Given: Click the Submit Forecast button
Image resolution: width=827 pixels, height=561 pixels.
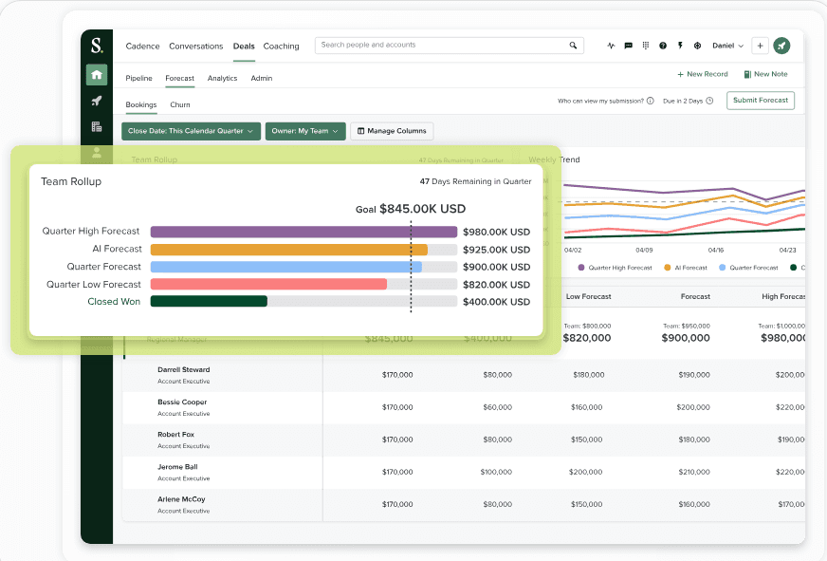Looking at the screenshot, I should [761, 101].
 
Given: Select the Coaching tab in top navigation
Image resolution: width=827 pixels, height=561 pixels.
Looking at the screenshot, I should [281, 46].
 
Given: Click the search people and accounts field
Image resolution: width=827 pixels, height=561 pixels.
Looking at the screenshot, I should [441, 45].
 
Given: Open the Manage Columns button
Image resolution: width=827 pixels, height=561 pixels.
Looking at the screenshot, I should [392, 131].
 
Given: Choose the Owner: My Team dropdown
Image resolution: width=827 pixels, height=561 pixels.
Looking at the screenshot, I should [305, 131].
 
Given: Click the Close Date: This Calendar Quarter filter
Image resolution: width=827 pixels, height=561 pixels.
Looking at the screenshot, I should [191, 131].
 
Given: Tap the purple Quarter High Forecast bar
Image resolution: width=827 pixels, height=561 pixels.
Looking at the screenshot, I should [303, 232].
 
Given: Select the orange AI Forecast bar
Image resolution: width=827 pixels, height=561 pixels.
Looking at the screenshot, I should [288, 249].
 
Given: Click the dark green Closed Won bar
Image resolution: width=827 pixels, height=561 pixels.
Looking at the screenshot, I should [209, 301].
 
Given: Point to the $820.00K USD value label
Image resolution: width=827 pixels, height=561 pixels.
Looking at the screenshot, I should [496, 284].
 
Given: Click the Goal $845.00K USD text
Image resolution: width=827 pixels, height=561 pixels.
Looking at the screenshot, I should [411, 209].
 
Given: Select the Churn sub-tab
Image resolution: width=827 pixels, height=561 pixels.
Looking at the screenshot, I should [180, 104].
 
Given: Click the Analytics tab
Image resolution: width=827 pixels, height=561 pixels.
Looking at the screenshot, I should [222, 78].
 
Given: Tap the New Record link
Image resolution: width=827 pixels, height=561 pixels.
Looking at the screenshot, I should [703, 74].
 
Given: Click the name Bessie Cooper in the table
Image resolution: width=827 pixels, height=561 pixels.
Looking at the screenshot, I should [182, 402].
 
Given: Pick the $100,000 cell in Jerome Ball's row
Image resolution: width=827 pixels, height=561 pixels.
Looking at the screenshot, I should [495, 472].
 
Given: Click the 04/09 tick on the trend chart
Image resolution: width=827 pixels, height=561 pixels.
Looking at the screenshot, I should [644, 250].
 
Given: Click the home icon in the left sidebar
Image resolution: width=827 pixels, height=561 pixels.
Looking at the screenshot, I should [97, 74].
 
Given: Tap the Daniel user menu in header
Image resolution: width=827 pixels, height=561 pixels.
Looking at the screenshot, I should [727, 46].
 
